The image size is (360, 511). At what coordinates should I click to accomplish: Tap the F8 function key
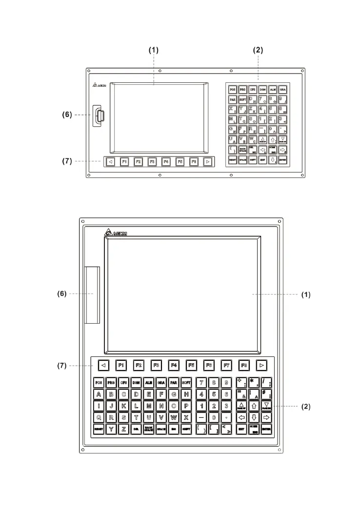click(x=244, y=364)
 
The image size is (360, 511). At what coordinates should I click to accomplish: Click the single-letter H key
click(x=186, y=394)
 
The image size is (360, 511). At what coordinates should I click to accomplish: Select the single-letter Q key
click(x=99, y=417)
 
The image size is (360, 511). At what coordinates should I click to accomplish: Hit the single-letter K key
click(x=124, y=406)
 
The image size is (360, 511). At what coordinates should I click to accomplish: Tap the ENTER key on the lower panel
click(x=266, y=430)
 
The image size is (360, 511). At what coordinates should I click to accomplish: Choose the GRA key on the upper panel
click(x=282, y=90)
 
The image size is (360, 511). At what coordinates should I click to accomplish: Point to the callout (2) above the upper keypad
click(x=258, y=50)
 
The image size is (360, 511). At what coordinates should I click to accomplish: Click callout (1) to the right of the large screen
click(x=305, y=295)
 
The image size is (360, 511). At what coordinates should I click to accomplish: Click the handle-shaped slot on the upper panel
click(x=100, y=116)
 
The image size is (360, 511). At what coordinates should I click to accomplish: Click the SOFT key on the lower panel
click(x=186, y=382)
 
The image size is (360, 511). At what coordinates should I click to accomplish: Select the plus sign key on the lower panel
click(x=240, y=382)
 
